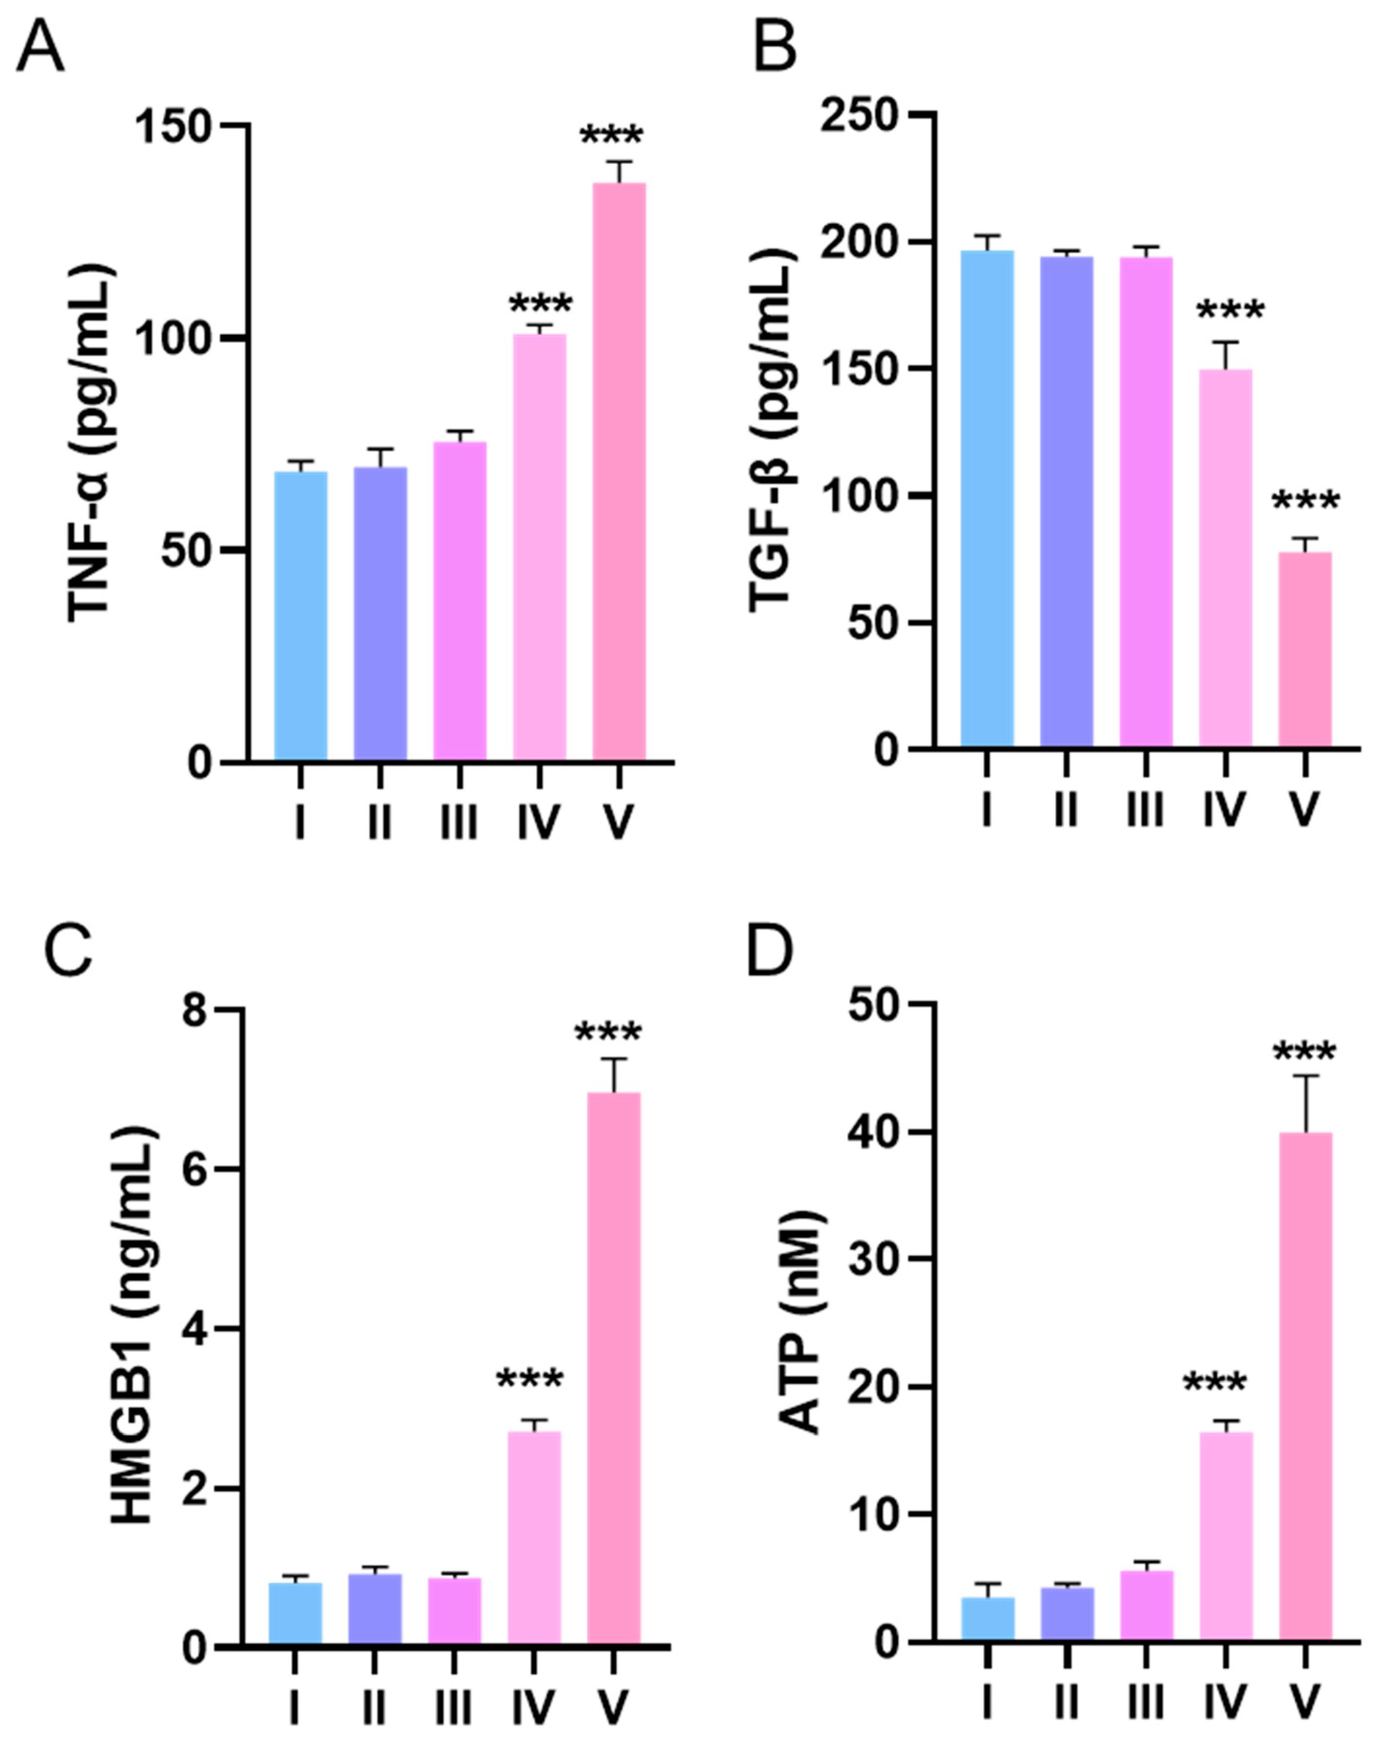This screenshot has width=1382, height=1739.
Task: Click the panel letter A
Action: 40,49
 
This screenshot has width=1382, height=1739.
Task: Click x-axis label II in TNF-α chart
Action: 379,823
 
